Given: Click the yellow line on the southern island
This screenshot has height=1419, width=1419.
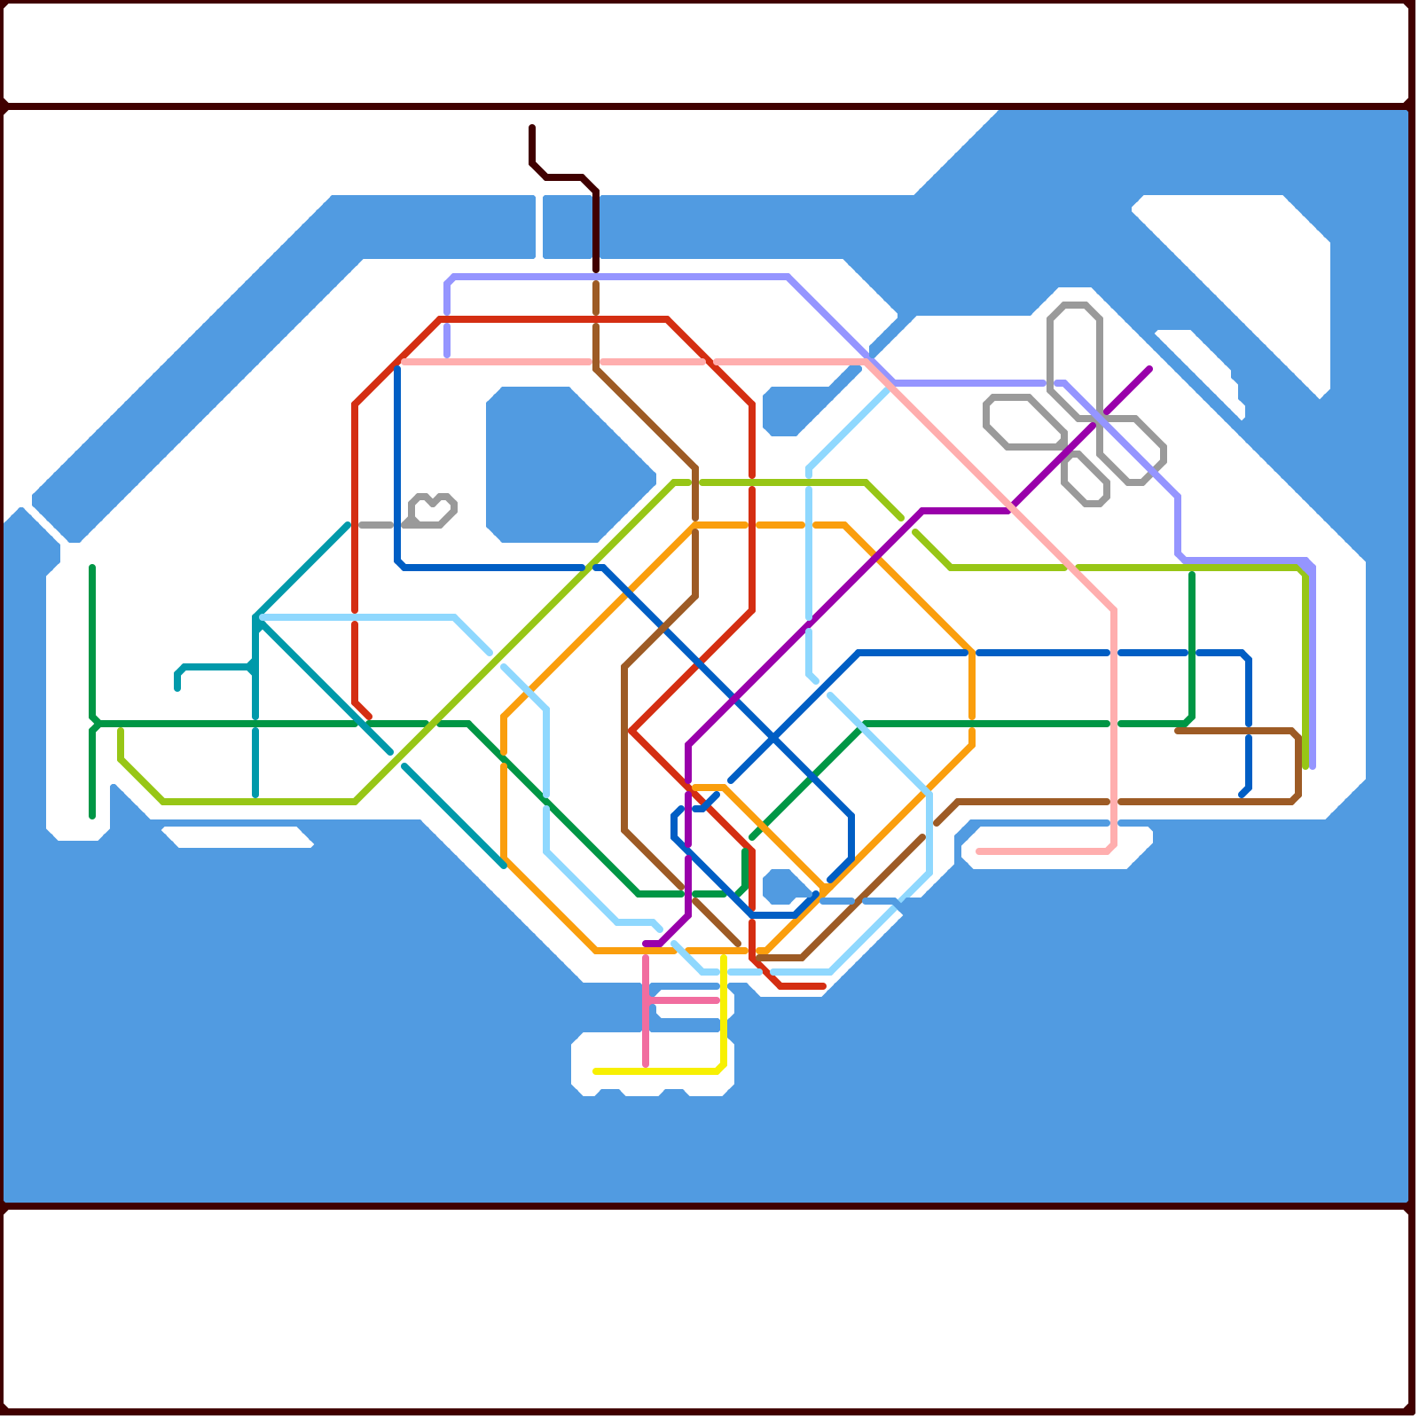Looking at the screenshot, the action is (656, 1071).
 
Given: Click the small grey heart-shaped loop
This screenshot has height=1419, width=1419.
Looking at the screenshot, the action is (434, 510).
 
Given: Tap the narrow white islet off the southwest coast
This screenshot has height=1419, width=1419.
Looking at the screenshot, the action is (238, 836).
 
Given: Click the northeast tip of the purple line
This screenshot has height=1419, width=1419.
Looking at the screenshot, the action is (1149, 369).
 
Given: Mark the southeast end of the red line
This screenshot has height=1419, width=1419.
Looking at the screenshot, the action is (823, 986).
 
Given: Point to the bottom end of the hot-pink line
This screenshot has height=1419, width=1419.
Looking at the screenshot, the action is (646, 1064).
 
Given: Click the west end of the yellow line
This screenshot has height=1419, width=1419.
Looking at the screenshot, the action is (595, 1071).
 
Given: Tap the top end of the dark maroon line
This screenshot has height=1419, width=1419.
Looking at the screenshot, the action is (532, 128).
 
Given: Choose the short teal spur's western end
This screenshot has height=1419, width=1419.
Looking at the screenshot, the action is (177, 687).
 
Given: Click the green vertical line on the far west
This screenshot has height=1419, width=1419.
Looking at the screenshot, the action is (92, 639).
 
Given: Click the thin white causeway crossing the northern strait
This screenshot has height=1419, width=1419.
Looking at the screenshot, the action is (539, 226).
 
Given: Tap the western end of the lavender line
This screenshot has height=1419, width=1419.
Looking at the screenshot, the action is (447, 355).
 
